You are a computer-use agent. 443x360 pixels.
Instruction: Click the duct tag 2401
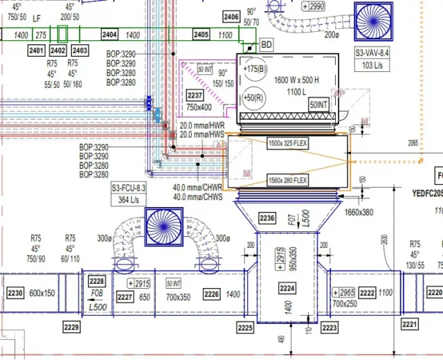click(36, 51)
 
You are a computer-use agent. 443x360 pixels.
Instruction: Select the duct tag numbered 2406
click(231, 16)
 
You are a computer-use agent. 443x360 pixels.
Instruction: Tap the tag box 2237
click(195, 96)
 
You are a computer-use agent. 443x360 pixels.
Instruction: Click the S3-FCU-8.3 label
click(130, 188)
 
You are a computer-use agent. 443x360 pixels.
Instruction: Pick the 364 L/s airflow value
click(130, 199)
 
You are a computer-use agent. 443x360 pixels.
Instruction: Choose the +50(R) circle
click(253, 96)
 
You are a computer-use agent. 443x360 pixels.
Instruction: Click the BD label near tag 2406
click(266, 44)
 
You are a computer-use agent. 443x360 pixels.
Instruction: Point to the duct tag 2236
click(267, 219)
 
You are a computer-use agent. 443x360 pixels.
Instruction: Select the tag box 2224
click(287, 288)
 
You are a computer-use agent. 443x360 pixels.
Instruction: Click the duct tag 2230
click(15, 294)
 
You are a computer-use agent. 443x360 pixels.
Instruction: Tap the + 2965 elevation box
click(344, 292)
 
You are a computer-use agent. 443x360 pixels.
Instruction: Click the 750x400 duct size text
click(199, 107)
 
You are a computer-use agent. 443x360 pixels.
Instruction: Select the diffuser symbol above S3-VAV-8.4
click(373, 22)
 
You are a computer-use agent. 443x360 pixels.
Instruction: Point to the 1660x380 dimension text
click(358, 213)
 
